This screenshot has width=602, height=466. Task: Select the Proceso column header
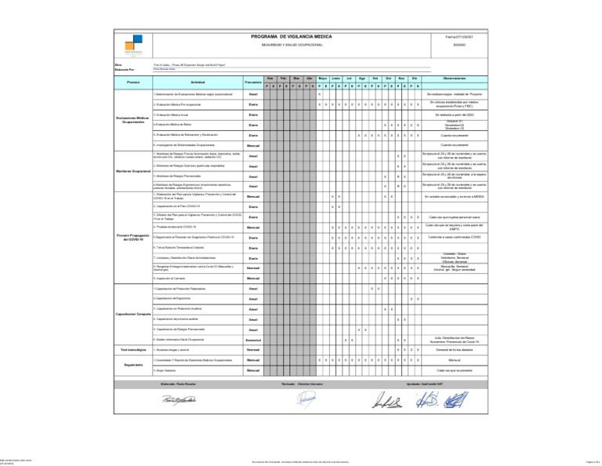coord(132,82)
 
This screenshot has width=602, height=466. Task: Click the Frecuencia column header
coord(252,82)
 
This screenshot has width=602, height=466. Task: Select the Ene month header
coord(270,78)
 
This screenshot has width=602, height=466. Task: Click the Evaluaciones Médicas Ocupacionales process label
coord(132,120)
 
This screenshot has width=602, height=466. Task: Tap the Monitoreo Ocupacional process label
coord(132,170)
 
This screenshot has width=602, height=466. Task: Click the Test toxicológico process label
coord(132,348)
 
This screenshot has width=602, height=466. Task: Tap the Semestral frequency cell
coord(252,340)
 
